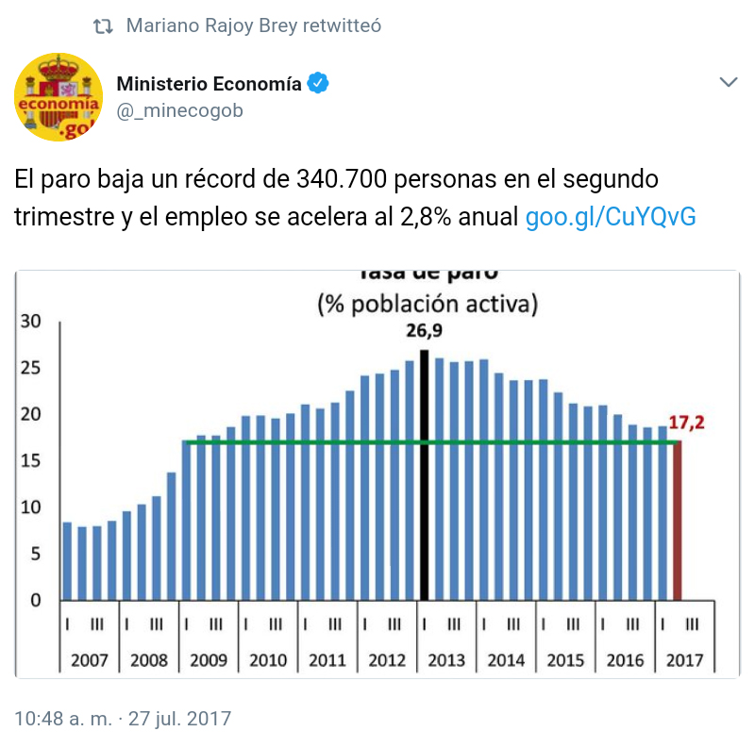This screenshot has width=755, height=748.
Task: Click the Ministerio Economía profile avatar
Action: point(59,97)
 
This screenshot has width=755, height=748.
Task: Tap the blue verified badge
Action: point(320,84)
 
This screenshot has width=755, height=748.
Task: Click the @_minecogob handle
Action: point(179,110)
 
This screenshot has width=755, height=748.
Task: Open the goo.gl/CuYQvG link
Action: point(611,217)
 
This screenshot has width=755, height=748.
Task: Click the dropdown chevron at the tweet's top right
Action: point(728,83)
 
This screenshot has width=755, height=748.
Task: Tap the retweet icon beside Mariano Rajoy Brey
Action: point(104,26)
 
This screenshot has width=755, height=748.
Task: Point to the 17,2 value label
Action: point(687,423)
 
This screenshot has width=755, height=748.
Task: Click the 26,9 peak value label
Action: point(425,331)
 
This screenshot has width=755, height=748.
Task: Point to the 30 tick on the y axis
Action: point(31,322)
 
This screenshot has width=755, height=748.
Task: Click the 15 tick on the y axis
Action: point(31,461)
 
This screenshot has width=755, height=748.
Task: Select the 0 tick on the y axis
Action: point(36,601)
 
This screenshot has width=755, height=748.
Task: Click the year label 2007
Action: point(89,659)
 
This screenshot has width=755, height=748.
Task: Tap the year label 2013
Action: point(445,659)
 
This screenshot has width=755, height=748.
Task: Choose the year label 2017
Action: point(683,659)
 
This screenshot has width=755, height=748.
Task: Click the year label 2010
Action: point(267,659)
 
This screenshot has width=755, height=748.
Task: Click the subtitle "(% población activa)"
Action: point(428,304)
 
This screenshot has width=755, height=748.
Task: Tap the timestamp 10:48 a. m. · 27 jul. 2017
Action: point(123,718)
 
